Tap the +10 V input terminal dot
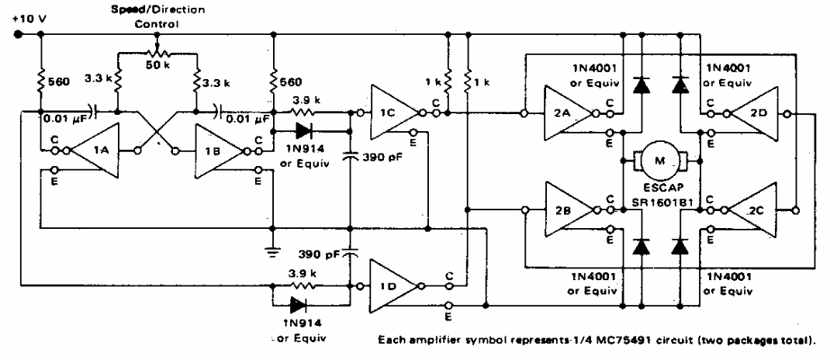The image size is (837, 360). (16, 34)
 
